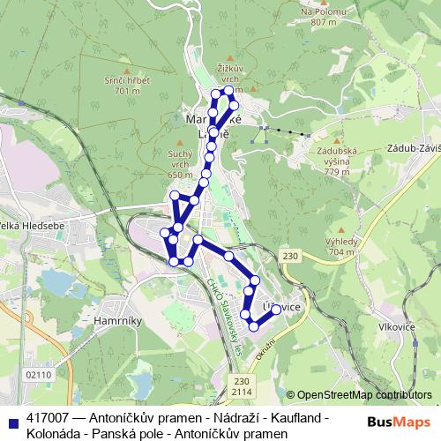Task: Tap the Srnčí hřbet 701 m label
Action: [x=128, y=85]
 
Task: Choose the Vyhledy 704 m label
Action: [x=340, y=245]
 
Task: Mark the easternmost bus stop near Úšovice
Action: [x=276, y=310]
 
